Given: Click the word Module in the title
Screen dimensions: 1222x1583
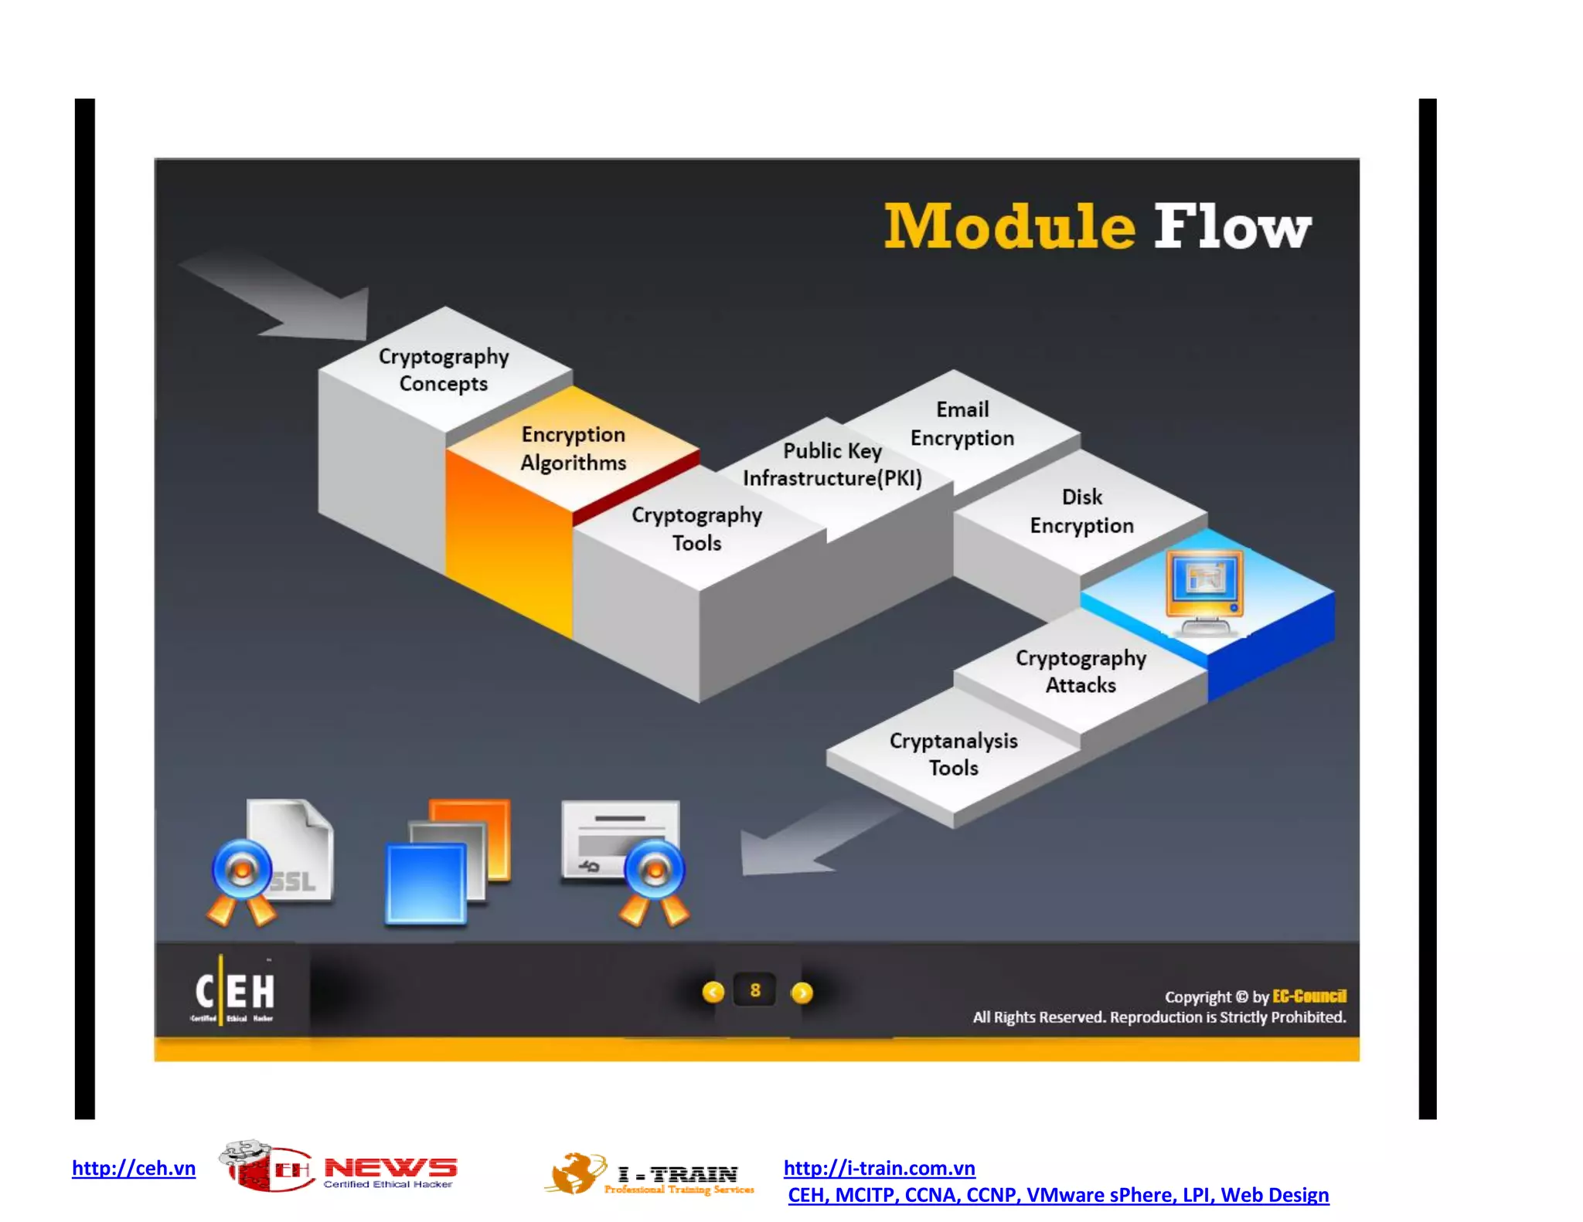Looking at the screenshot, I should (x=1009, y=227).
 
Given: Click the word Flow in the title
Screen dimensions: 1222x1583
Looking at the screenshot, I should (x=1232, y=227).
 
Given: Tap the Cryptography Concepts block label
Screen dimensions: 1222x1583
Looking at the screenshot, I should (x=444, y=370).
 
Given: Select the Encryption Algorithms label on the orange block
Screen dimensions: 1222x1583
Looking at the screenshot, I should (x=573, y=449).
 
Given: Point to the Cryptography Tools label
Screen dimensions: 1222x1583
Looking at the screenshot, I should (x=696, y=529).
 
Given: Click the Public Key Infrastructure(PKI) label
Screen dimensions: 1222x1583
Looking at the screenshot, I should (x=832, y=464).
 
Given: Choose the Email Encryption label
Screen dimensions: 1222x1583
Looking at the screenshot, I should (x=962, y=424).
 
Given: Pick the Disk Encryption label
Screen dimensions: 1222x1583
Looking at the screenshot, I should (x=1081, y=511).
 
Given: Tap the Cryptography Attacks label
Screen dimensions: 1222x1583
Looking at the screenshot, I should (x=1081, y=671).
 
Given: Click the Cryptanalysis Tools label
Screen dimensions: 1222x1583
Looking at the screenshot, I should (x=953, y=754).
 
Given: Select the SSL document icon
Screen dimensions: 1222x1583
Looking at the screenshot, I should (x=290, y=853).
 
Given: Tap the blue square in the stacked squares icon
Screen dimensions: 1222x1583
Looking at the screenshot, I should (x=426, y=883).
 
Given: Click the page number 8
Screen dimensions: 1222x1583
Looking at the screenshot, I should (x=755, y=990).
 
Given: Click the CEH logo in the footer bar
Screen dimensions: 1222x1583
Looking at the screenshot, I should (x=233, y=991).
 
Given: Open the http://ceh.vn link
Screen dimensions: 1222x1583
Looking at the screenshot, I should (x=134, y=1168).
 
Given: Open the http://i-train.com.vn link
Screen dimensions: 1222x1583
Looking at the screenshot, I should (x=879, y=1168).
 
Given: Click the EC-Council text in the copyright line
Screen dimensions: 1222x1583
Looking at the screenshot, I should (x=1309, y=996).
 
